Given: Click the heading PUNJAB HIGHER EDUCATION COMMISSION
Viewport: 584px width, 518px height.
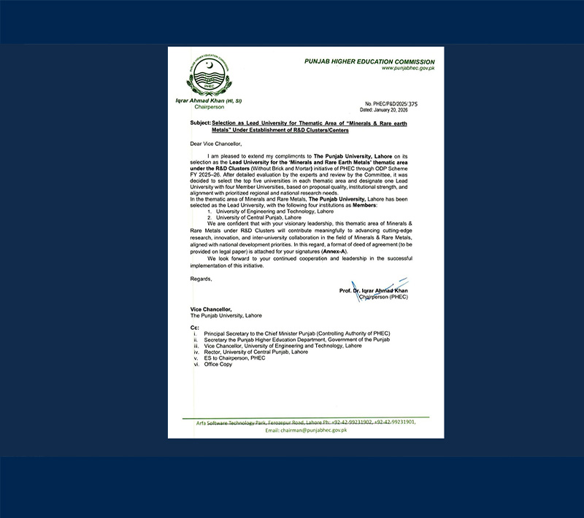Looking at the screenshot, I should [x=369, y=62].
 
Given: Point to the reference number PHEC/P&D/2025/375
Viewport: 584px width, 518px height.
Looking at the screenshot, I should [x=392, y=104].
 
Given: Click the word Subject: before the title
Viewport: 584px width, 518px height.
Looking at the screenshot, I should [x=199, y=124].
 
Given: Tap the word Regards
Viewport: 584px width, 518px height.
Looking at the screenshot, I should [x=201, y=279].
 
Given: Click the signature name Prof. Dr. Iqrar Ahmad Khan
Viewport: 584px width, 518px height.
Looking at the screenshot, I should [x=374, y=290].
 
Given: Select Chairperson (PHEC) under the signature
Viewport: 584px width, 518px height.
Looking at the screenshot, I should [x=383, y=296].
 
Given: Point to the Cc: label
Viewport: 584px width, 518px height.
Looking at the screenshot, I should [x=194, y=328].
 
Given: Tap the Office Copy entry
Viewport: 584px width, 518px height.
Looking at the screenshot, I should [x=220, y=363].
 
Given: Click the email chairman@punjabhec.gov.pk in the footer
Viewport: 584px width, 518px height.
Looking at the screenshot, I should [x=306, y=430].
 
